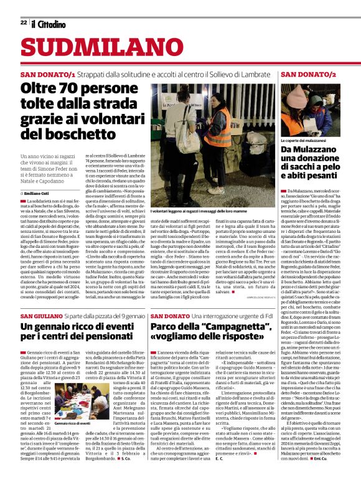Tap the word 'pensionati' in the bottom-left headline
click(x=114, y=337)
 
